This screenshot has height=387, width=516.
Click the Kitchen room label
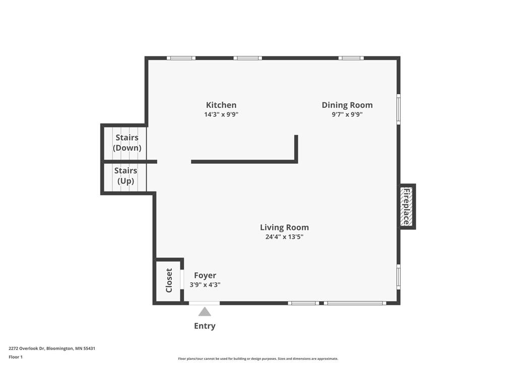[x=221, y=105]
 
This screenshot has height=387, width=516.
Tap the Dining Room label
[x=347, y=105]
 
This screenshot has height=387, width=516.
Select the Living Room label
[x=284, y=227]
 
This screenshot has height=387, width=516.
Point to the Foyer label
[x=205, y=276]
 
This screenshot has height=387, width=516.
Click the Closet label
[x=169, y=280]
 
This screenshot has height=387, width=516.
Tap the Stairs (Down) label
[x=127, y=143]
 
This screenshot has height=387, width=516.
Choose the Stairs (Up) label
[x=125, y=176]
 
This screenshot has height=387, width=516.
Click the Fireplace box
[x=407, y=206]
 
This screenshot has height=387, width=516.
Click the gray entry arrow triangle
[x=205, y=311]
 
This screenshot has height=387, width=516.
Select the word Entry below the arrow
[x=205, y=326]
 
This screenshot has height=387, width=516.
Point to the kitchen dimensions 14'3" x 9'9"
[x=221, y=114]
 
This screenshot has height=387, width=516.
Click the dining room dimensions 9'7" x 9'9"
[x=347, y=114]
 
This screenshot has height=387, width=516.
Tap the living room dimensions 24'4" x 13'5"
[x=284, y=237]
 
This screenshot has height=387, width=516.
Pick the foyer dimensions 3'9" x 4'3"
[x=205, y=285]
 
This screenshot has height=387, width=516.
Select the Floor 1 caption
[x=16, y=357]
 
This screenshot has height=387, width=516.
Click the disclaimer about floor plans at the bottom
[x=258, y=359]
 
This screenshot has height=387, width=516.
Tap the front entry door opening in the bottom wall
[x=205, y=303]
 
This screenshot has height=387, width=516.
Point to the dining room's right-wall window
[x=399, y=109]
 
